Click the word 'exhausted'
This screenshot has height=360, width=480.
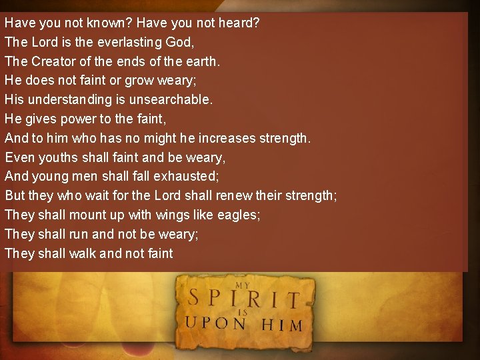point(186,177)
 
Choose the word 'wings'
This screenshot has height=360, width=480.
point(173,215)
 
